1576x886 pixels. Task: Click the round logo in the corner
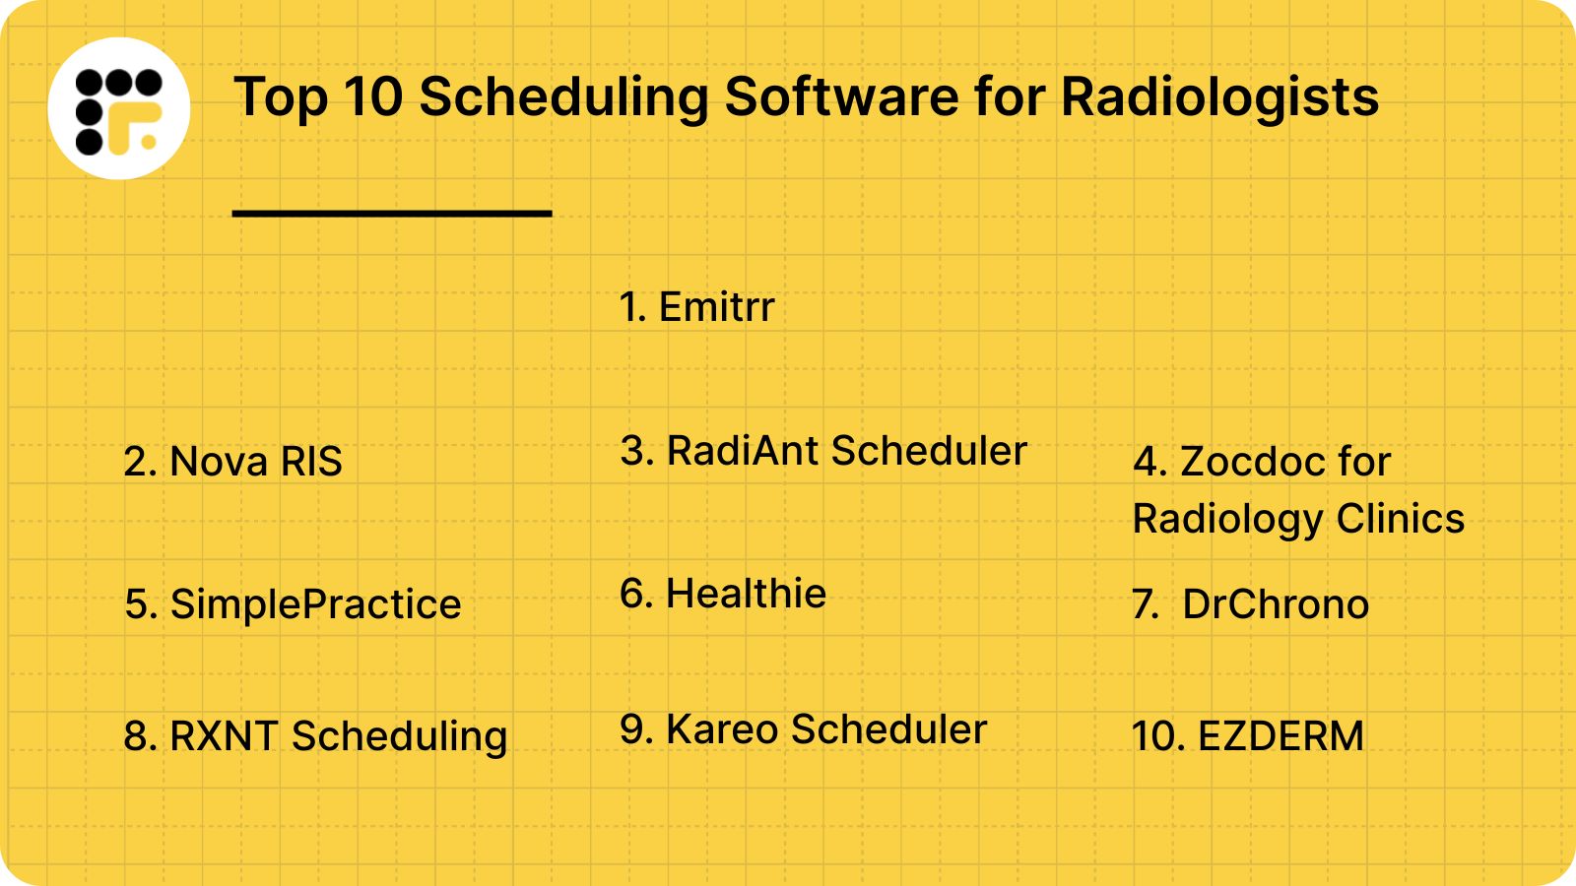click(x=119, y=108)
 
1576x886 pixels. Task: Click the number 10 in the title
click(x=373, y=97)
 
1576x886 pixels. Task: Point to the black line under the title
click(x=392, y=213)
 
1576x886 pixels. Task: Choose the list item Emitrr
click(x=696, y=307)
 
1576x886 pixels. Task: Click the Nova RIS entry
click(x=232, y=462)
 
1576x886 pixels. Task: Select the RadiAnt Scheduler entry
click(x=823, y=451)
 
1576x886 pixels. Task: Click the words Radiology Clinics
click(x=1298, y=519)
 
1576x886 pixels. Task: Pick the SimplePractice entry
click(x=293, y=604)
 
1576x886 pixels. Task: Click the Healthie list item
click(x=723, y=594)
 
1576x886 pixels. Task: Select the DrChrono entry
click(x=1251, y=604)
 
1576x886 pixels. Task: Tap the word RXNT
click(x=224, y=736)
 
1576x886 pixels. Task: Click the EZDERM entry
click(x=1248, y=736)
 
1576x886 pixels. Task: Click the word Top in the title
click(x=281, y=97)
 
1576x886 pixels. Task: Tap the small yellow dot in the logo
click(x=149, y=142)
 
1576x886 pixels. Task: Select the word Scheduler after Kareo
click(x=888, y=729)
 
